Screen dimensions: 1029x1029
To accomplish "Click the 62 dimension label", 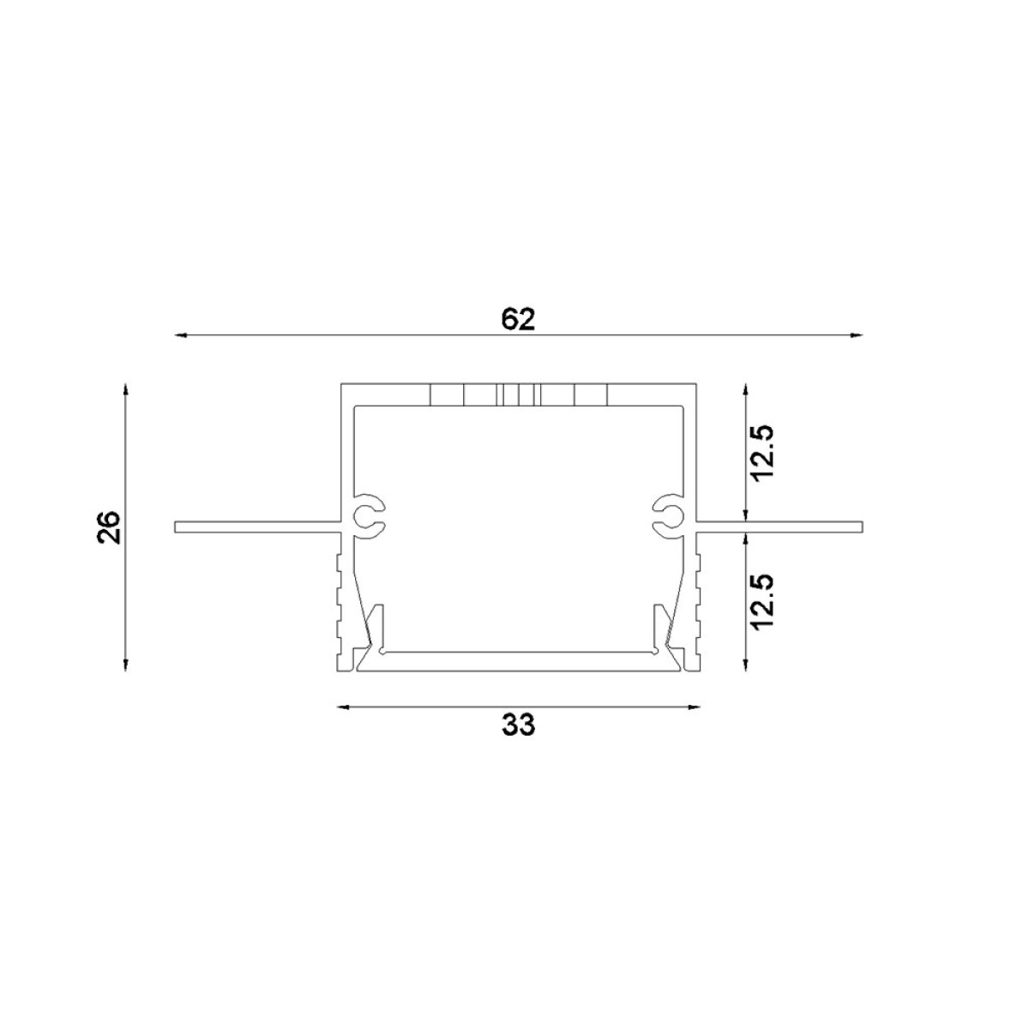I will [518, 319].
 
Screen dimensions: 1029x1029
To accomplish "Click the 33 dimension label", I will [518, 725].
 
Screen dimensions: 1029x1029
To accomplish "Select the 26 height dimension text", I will [110, 528].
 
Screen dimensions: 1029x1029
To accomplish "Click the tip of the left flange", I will [177, 527].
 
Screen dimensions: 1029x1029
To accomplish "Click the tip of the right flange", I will [859, 527].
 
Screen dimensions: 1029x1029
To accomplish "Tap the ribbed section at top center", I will [518, 394].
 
